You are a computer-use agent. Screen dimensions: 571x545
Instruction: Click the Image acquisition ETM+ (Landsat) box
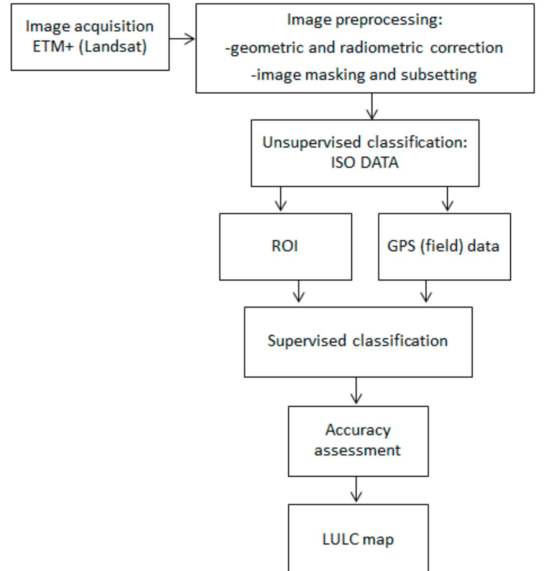(x=90, y=37)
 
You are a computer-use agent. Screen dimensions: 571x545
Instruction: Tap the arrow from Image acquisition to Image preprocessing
(x=182, y=39)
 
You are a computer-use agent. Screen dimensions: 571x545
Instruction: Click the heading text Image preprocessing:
(x=364, y=19)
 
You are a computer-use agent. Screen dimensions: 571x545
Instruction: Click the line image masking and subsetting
(x=364, y=75)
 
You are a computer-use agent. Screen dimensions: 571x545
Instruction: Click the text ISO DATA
(x=365, y=162)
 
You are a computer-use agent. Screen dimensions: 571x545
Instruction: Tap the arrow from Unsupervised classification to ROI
(x=281, y=200)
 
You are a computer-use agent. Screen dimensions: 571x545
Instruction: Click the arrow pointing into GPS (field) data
(x=448, y=200)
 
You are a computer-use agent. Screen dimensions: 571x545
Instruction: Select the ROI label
(x=285, y=246)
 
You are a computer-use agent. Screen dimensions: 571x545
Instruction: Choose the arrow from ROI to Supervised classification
(x=299, y=293)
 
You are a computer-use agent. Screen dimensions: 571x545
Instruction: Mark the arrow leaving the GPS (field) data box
(x=426, y=293)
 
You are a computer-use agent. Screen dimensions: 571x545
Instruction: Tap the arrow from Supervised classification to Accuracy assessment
(x=356, y=391)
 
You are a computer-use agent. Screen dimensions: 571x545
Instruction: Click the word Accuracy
(x=358, y=430)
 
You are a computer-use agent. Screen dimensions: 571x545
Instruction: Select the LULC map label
(x=358, y=539)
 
